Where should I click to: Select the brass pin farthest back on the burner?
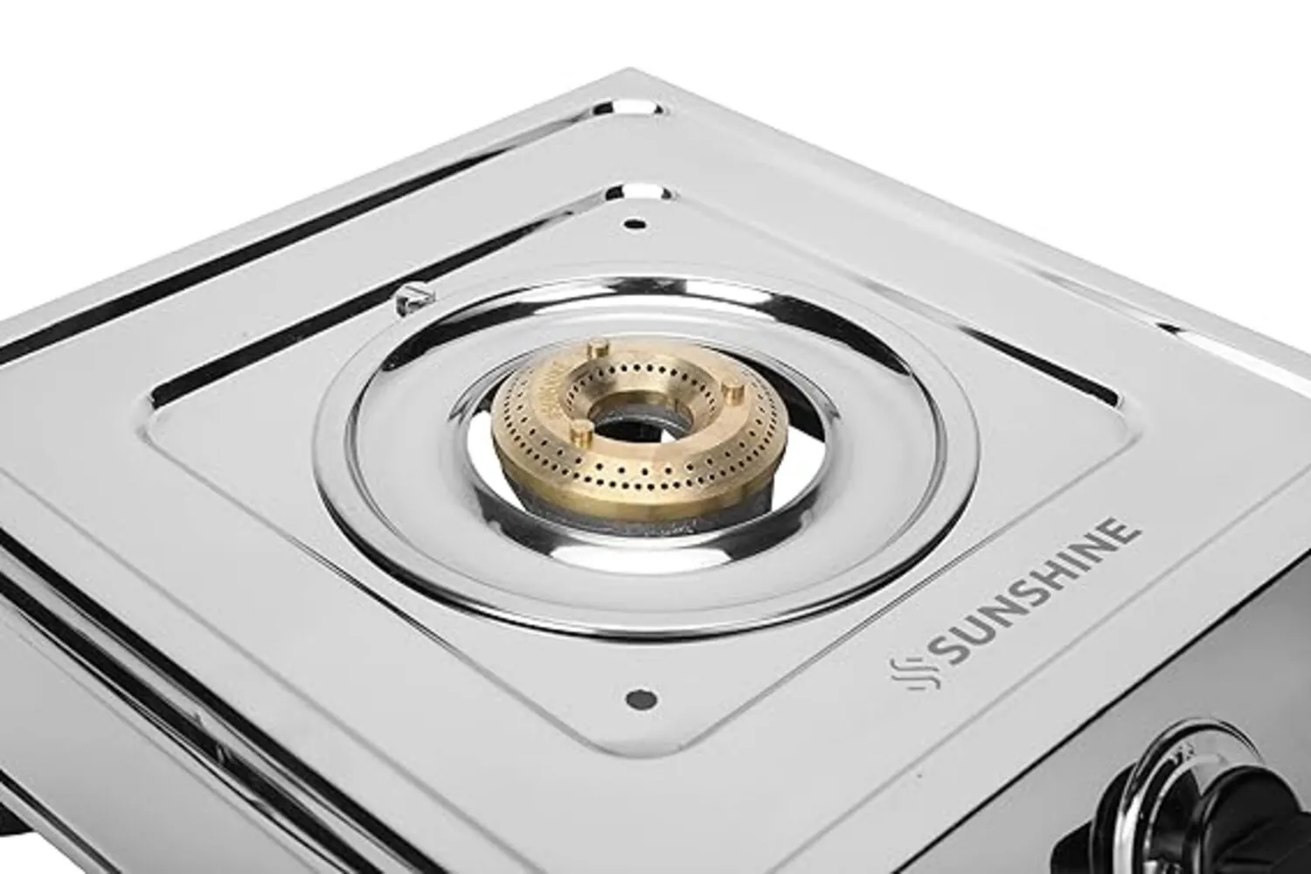[x=597, y=350]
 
